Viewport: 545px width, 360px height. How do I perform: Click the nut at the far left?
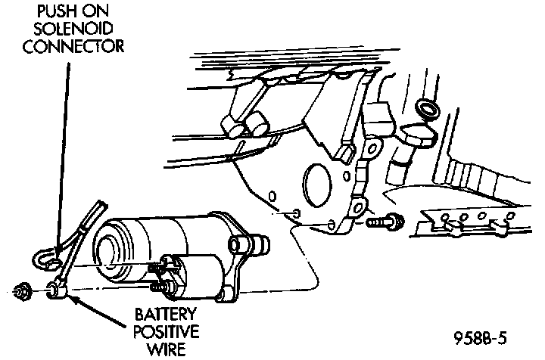[21, 289]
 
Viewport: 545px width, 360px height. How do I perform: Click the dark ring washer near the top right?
[428, 110]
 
